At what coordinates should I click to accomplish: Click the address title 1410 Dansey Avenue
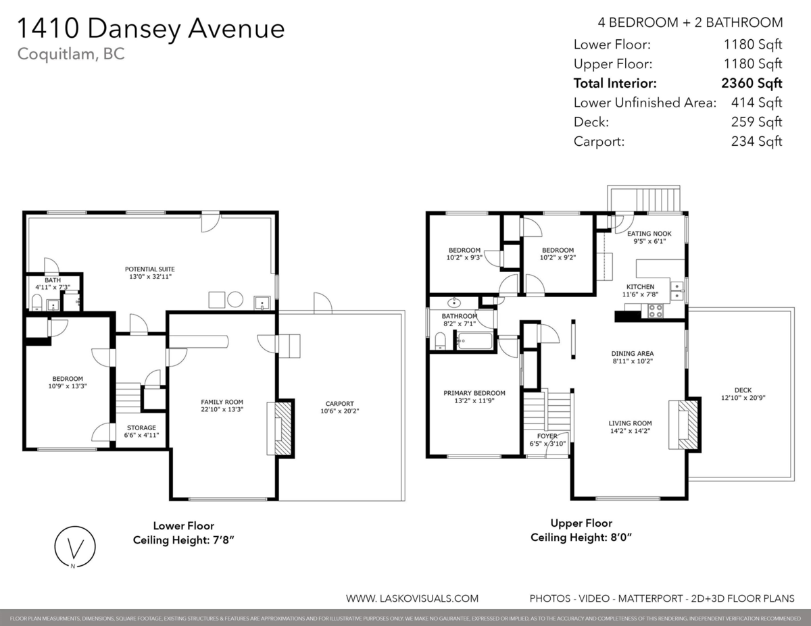click(150, 28)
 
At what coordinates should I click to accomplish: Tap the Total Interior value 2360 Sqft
click(752, 84)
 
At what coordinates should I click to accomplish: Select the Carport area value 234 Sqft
click(756, 142)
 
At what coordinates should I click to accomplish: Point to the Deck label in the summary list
click(591, 122)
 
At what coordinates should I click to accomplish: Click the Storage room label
click(141, 427)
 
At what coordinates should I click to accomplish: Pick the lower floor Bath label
click(52, 280)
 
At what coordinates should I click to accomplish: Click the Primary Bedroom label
click(474, 393)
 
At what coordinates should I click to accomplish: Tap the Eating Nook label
click(648, 234)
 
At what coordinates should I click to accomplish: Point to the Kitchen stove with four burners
click(656, 311)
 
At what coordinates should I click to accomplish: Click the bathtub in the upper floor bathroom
click(474, 340)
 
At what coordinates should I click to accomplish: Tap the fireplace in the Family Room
click(280, 428)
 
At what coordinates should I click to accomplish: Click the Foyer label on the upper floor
click(547, 436)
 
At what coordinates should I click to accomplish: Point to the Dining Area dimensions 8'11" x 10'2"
click(632, 361)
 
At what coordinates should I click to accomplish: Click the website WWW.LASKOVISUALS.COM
click(412, 598)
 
